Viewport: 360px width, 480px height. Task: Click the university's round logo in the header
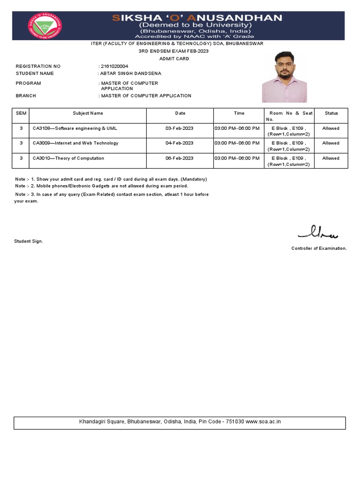[45, 26]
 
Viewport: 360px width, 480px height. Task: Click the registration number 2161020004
[114, 66]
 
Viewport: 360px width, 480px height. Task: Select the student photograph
[284, 77]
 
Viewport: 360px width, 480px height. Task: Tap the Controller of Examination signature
[318, 232]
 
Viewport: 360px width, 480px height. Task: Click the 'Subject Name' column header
[88, 113]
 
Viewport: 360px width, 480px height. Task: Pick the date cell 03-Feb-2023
[180, 128]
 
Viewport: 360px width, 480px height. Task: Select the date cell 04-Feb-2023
[180, 143]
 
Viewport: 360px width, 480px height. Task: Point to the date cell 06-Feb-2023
[180, 158]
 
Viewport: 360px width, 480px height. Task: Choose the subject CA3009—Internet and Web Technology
[75, 143]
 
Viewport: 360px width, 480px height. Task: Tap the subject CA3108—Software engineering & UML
[75, 128]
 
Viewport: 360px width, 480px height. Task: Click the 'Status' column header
[331, 113]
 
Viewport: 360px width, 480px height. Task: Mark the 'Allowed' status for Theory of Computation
[330, 158]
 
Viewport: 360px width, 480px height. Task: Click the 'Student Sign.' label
[29, 241]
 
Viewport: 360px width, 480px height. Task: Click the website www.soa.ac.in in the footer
[263, 421]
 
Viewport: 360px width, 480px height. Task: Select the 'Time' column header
[239, 113]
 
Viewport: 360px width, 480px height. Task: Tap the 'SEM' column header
[21, 113]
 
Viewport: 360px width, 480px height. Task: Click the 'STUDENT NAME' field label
[35, 73]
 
